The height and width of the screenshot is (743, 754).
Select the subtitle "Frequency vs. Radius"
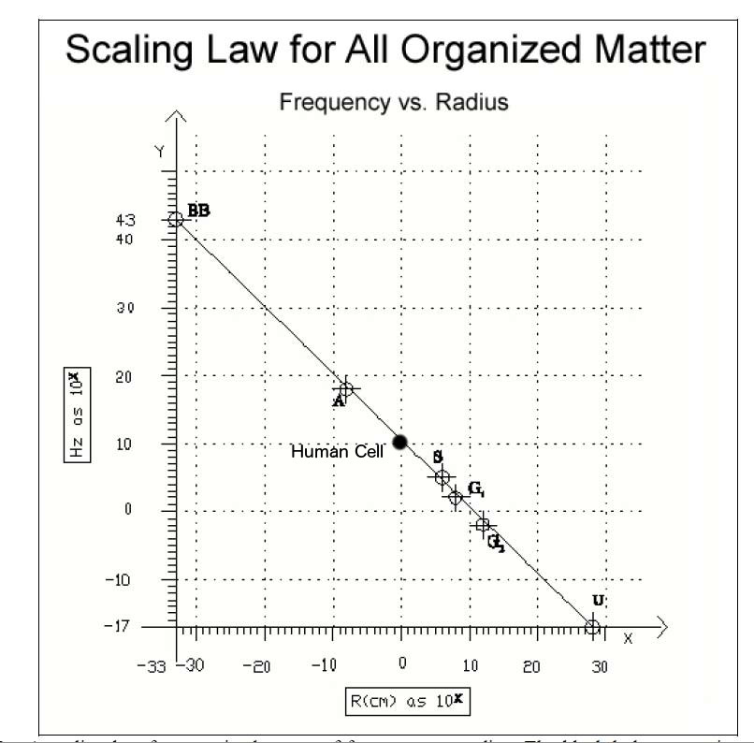pos(394,102)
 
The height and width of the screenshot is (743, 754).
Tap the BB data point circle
pos(176,219)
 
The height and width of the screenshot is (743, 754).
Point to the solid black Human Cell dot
pos(400,442)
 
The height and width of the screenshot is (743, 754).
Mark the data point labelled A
pos(346,389)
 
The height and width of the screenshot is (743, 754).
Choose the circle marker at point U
pos(592,626)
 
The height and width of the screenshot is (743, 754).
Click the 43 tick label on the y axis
pos(152,220)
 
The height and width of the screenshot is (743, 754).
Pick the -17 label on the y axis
pos(150,626)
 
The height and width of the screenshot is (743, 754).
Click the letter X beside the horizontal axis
pos(628,639)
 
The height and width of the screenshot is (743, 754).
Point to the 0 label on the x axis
pos(402,665)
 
